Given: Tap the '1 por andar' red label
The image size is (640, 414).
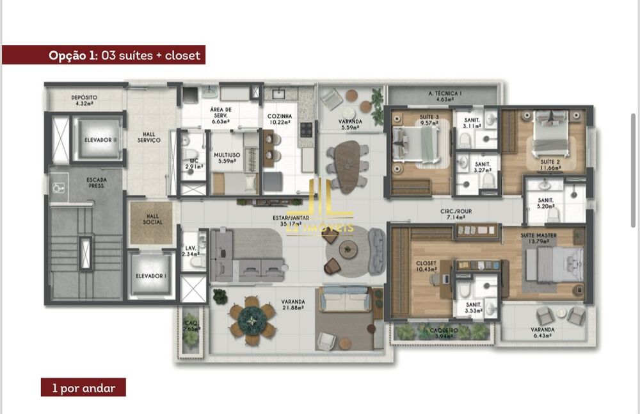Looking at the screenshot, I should point(83,388).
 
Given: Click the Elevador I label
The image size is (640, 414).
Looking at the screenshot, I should point(151,276).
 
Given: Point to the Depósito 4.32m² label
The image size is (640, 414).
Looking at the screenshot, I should point(89,100).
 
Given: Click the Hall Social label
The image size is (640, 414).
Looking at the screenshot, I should point(153,220).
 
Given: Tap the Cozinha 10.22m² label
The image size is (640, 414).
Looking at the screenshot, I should point(280,119).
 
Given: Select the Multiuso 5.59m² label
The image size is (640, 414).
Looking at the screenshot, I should point(227,158).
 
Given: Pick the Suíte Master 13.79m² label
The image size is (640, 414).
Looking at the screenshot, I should point(538,238).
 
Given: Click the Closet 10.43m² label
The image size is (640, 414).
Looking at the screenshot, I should point(426,266).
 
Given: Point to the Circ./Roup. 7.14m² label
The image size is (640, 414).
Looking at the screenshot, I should point(456,214).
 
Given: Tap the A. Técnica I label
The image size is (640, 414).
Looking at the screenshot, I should point(444,97).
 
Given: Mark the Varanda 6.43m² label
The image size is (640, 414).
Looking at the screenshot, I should point(542,333).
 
